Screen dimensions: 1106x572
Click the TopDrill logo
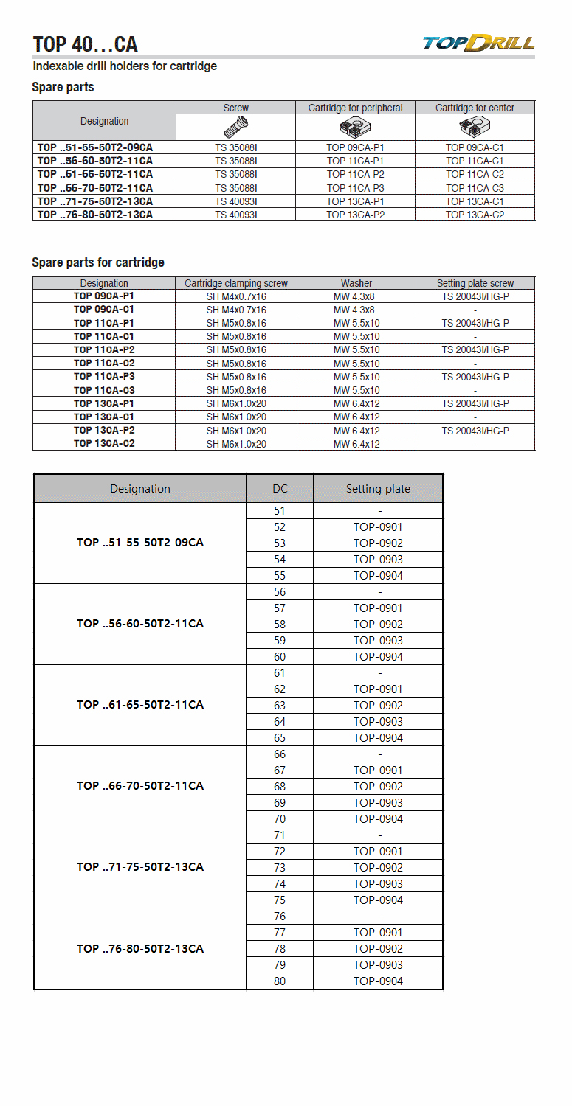click(x=478, y=42)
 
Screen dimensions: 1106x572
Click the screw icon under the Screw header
click(x=236, y=127)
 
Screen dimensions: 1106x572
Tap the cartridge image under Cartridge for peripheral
click(x=355, y=127)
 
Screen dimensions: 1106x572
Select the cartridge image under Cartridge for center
click(x=475, y=127)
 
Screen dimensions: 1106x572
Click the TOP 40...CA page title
click(x=85, y=44)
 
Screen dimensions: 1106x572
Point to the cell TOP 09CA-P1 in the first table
click(x=355, y=147)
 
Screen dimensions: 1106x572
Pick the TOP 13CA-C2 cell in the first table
click(x=475, y=215)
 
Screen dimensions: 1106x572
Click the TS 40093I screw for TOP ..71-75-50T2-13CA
click(x=236, y=201)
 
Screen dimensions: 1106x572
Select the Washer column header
click(x=356, y=283)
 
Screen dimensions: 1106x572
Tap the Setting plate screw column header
click(x=475, y=283)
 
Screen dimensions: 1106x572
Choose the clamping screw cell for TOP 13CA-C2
click(x=236, y=444)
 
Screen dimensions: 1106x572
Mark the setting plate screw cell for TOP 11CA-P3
click(x=475, y=377)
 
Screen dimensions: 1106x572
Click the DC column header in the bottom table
click(x=280, y=489)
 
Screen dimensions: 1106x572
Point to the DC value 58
click(x=280, y=625)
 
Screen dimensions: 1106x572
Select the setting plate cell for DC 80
click(x=378, y=981)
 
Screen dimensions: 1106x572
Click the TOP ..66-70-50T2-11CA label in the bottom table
click(x=140, y=786)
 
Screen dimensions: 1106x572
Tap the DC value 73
click(x=280, y=868)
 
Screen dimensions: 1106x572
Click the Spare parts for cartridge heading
click(x=98, y=262)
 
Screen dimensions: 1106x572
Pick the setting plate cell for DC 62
click(x=378, y=689)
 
